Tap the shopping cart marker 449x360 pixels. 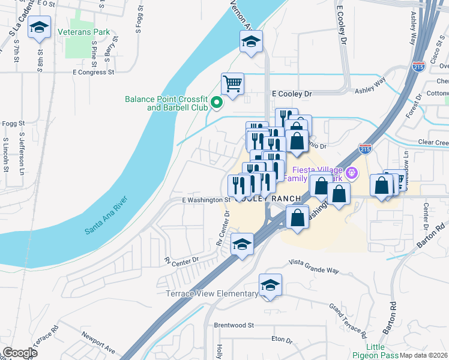[232, 83]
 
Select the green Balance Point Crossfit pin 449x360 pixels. [217, 103]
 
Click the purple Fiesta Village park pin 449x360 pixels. [351, 173]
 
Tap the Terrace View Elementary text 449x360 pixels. [212, 293]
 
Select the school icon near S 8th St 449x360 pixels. [40, 28]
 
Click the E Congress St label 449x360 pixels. [93, 72]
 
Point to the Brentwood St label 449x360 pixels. [234, 325]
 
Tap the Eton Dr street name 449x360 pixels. [281, 340]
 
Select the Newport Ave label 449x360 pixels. [98, 341]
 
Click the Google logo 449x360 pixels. [19, 352]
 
